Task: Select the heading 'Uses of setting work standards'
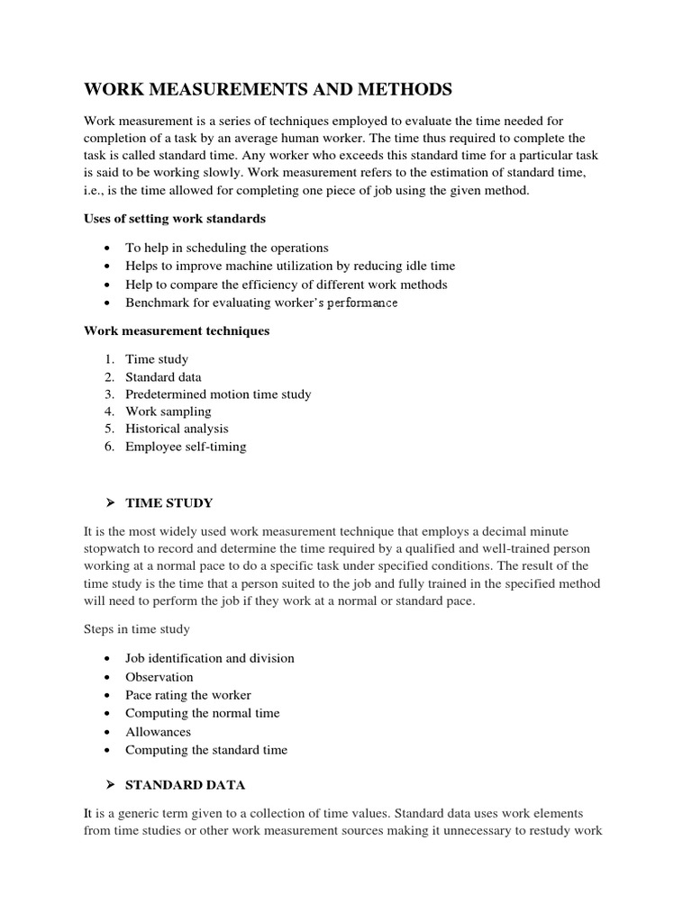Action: click(x=175, y=219)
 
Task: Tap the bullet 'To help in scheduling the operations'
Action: click(x=227, y=248)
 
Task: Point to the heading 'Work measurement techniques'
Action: click(x=177, y=330)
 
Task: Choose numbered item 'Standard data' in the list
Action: click(x=163, y=376)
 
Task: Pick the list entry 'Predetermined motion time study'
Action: click(x=218, y=394)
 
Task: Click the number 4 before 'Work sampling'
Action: click(x=108, y=411)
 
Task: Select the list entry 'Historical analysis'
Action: click(x=177, y=429)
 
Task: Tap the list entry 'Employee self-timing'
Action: click(x=186, y=447)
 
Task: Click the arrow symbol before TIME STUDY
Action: click(x=108, y=502)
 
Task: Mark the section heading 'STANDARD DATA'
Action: click(x=185, y=785)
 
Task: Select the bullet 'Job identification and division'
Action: click(x=210, y=658)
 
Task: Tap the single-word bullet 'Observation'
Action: click(x=159, y=677)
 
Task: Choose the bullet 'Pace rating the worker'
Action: click(x=188, y=695)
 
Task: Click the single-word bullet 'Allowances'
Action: click(x=159, y=732)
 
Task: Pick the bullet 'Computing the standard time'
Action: click(x=206, y=750)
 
